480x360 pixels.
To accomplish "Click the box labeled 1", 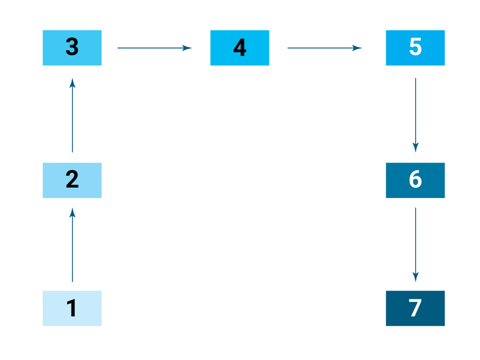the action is [x=72, y=308].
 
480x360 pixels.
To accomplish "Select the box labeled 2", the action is [x=72, y=181].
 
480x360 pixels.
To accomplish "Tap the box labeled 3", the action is [x=72, y=48].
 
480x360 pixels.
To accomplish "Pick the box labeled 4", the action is [x=239, y=48].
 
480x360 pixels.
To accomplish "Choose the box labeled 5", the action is [x=415, y=48].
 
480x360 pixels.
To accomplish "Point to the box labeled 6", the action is [x=415, y=181].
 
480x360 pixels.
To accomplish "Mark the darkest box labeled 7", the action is [x=415, y=308].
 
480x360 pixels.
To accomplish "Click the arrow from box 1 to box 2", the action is [x=72, y=245].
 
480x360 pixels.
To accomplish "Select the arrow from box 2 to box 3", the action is [x=72, y=115].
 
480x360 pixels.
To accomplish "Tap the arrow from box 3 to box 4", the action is [x=155, y=48].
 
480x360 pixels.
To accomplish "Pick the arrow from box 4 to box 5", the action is [x=325, y=48].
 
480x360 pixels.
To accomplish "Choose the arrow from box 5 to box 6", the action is [x=415, y=115].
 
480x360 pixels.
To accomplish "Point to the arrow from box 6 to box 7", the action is [x=415, y=245].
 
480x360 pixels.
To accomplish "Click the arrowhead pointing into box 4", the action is [x=187, y=48].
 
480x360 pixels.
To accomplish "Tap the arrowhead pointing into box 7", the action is [x=415, y=277].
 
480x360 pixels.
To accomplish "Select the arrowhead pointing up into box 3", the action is [x=72, y=83].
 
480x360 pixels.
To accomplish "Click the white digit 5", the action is [x=415, y=47].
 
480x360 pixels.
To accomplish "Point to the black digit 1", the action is [x=71, y=308].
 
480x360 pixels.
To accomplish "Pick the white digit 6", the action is [x=415, y=179].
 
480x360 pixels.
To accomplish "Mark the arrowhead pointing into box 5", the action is [x=357, y=48].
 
